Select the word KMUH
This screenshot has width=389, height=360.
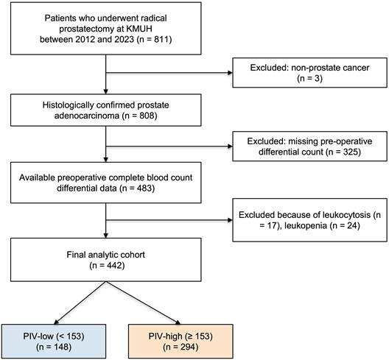coord(139,29)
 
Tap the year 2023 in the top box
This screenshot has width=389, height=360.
coord(125,40)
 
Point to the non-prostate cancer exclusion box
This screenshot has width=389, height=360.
coord(309,73)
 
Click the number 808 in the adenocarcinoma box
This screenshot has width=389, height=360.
coord(147,116)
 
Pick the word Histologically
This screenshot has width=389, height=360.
coord(68,105)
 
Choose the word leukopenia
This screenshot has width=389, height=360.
coord(306,225)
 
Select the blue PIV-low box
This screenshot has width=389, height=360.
coord(54,341)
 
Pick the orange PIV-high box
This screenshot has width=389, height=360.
coord(181,341)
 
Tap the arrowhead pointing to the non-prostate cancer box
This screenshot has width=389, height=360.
coord(230,73)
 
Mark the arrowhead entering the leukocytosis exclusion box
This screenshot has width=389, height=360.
coord(230,220)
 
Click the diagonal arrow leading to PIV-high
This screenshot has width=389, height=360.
coord(143,303)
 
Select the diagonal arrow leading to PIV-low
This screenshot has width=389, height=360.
coord(80,303)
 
